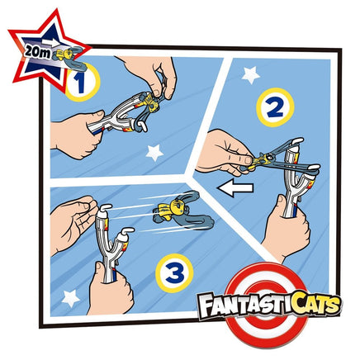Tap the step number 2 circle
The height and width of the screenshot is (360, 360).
[x=275, y=107]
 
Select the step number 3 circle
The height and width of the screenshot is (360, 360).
[x=174, y=273]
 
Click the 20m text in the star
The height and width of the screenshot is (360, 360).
[x=36, y=51]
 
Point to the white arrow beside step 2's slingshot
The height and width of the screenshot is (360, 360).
[x=235, y=188]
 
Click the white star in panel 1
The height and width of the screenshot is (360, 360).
[x=154, y=153]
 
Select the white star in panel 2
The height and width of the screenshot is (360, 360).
[x=250, y=75]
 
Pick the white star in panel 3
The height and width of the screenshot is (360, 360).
[x=71, y=298]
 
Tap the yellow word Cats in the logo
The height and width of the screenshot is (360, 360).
[x=307, y=305]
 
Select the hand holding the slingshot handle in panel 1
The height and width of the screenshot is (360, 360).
[x=77, y=134]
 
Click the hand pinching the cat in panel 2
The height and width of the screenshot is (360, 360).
[x=225, y=154]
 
